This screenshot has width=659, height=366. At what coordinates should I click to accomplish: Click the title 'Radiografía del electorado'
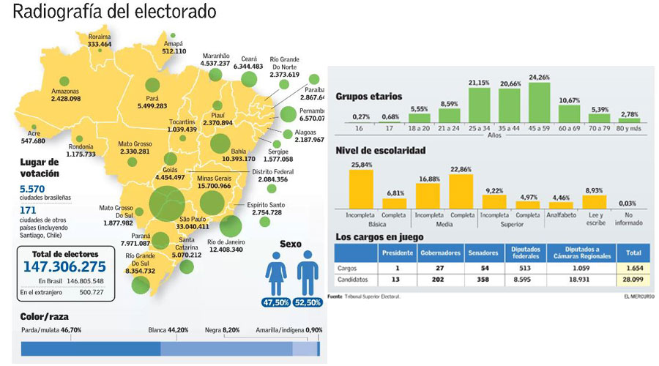tap(115, 12)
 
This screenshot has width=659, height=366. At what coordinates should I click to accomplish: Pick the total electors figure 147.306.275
tap(64, 266)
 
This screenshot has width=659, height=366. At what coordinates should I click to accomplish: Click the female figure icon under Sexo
tap(276, 273)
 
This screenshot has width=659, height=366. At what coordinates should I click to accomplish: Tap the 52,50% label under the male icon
tap(308, 302)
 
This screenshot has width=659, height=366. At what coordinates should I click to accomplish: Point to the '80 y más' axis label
tap(628, 130)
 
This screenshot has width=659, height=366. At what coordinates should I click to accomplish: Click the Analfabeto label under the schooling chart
tap(560, 217)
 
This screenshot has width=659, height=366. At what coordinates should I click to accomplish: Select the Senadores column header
tap(482, 253)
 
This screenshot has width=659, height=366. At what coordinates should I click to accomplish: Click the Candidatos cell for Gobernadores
tap(439, 280)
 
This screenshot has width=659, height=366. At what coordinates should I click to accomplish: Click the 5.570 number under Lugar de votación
tap(33, 188)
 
